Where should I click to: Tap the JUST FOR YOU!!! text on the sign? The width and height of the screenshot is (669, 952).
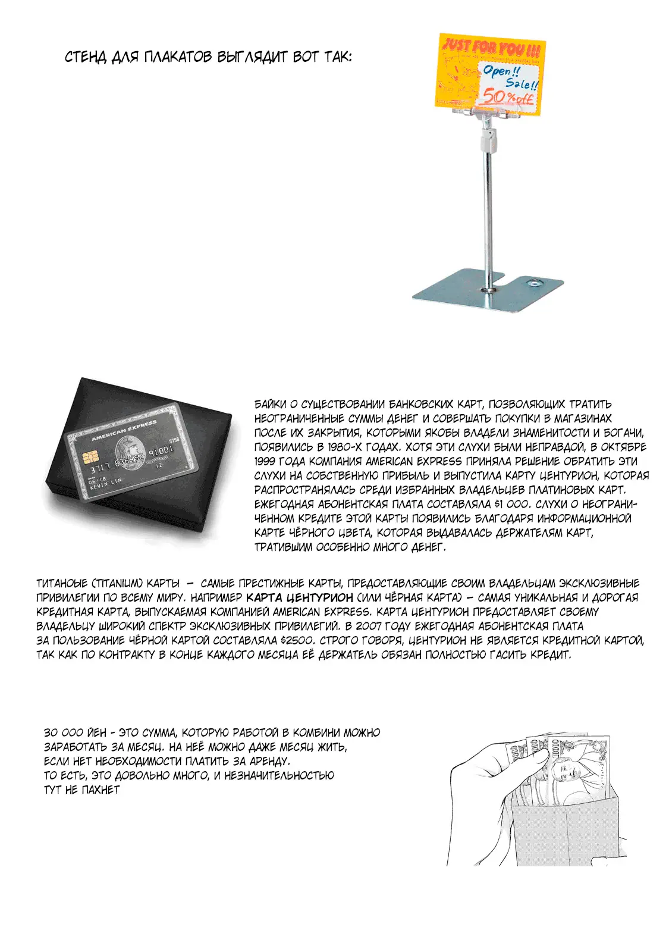(x=492, y=47)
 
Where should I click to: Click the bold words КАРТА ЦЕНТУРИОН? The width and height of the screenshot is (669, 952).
(x=299, y=597)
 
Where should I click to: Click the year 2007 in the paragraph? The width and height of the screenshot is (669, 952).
(x=369, y=626)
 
